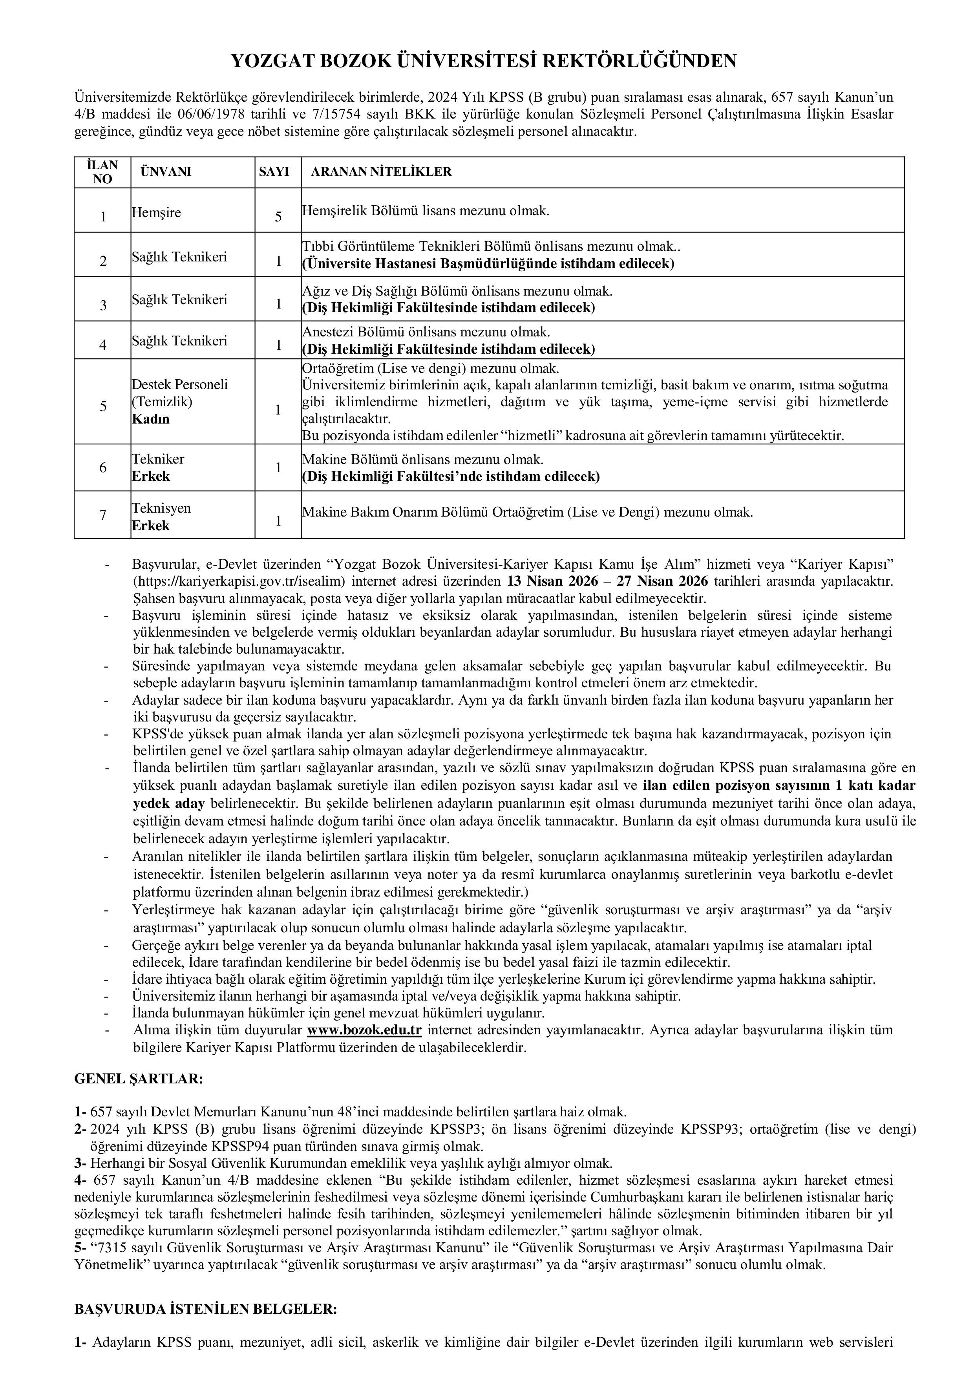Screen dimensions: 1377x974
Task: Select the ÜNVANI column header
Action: click(166, 172)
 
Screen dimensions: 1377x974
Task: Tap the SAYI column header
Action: click(274, 172)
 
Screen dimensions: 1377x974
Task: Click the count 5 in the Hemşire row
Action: click(278, 217)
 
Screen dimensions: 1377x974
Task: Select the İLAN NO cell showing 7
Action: click(103, 515)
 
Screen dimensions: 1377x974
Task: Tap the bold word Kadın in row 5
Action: click(150, 418)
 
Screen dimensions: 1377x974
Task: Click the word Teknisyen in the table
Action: click(161, 508)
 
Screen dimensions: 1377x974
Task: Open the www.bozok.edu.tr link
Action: click(365, 1029)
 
